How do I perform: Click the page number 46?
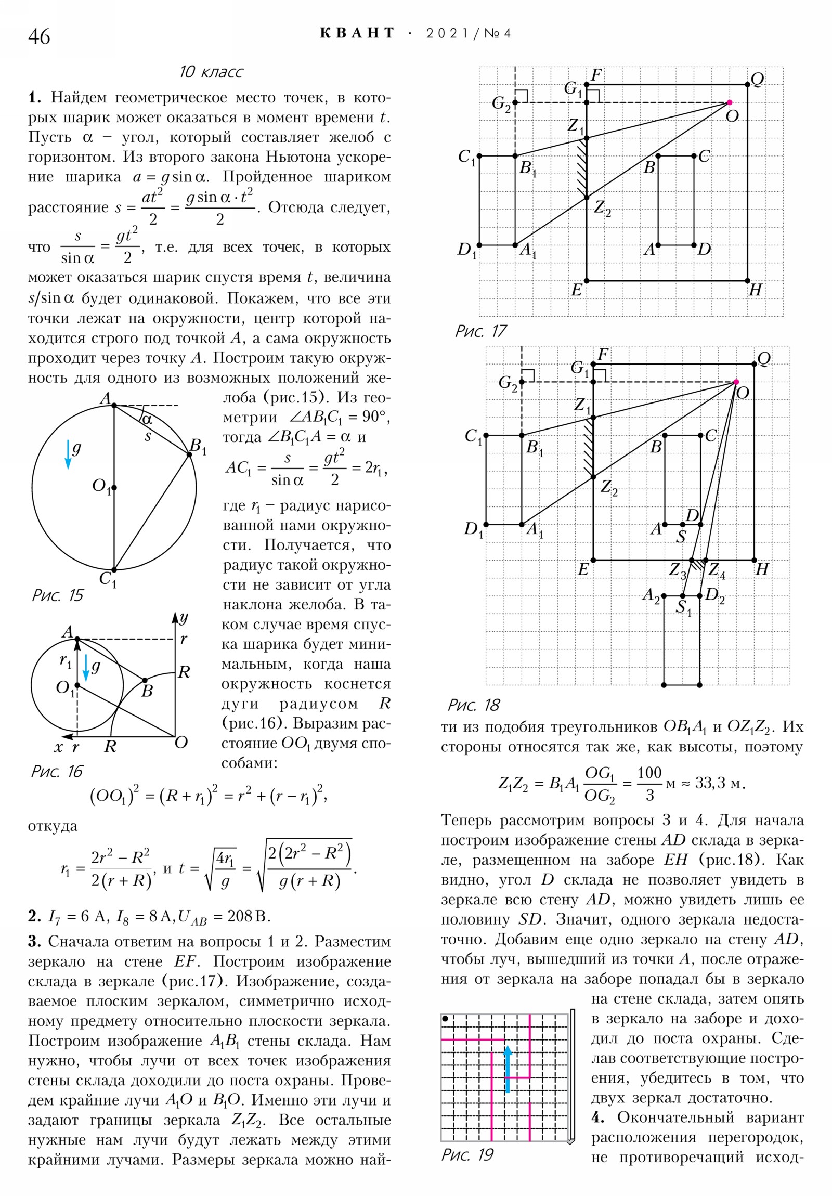(x=39, y=37)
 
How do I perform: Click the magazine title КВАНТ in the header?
(x=357, y=33)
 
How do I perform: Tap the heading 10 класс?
(x=211, y=72)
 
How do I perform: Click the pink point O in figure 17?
(x=729, y=102)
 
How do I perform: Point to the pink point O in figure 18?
(x=736, y=382)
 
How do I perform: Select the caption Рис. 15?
(x=57, y=595)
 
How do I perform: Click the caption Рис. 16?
(x=57, y=772)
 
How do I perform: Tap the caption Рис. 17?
(x=480, y=331)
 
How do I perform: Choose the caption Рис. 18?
(x=473, y=705)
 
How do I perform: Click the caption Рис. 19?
(x=467, y=1155)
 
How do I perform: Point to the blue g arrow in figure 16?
(x=86, y=668)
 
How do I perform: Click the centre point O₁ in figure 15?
(x=114, y=488)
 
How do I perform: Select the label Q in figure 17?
(x=757, y=80)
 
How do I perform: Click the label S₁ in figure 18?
(x=683, y=607)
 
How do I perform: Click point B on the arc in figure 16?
(x=145, y=680)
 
